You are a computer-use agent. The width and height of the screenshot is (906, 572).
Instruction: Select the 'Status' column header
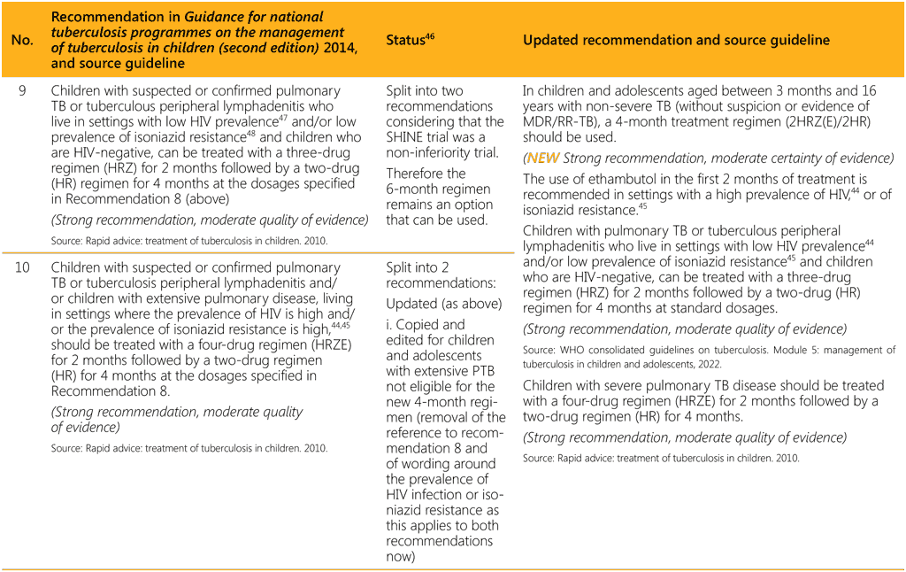click(407, 41)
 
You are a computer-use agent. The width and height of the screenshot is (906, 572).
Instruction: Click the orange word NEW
click(543, 158)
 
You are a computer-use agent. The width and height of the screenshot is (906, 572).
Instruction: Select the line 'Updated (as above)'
click(443, 304)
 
